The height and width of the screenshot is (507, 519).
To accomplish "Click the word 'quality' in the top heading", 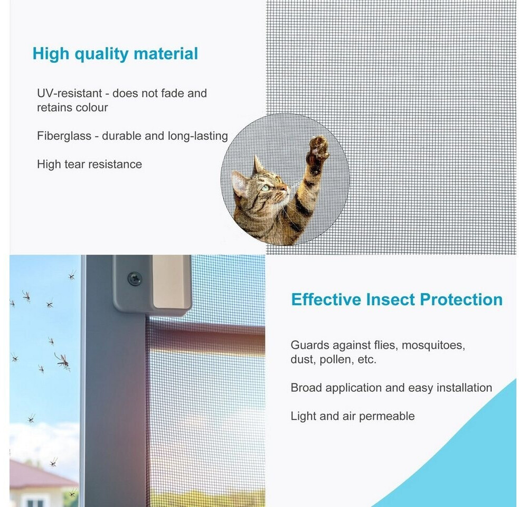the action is (101, 54).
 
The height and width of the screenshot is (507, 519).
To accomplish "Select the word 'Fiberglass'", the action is (64, 136).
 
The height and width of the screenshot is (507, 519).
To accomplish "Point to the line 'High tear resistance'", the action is (89, 164).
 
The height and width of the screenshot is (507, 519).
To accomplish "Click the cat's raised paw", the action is (317, 154).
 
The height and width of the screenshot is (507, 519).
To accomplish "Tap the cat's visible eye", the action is (266, 188).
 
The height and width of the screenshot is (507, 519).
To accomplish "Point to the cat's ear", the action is (258, 166).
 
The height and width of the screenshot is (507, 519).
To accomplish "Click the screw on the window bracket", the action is (135, 278).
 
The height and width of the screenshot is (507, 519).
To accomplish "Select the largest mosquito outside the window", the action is (63, 361).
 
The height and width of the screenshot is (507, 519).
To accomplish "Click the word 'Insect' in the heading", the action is (390, 299).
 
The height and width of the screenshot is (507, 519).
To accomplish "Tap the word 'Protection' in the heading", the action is (461, 299).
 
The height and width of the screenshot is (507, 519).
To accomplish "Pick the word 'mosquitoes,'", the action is (433, 345).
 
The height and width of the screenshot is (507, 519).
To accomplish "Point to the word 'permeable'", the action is (386, 416).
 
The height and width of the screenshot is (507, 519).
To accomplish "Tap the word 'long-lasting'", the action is (197, 136).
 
